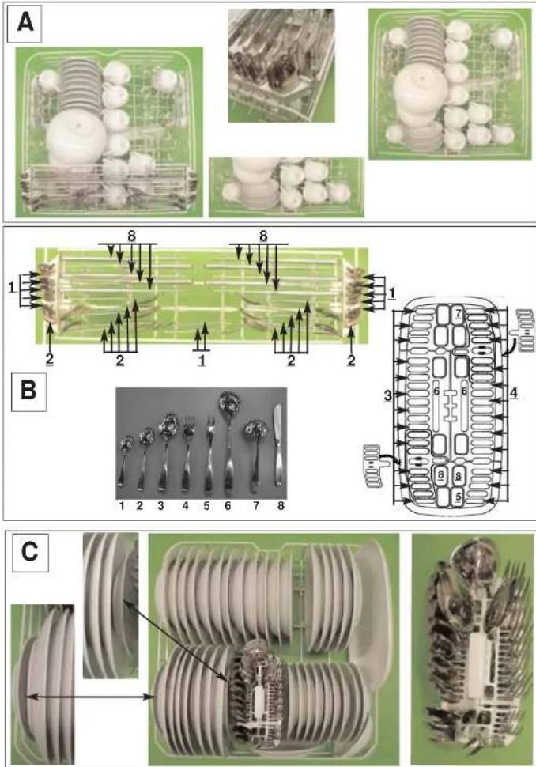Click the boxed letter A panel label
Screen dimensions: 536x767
[x=25, y=23]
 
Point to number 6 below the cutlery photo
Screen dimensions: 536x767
[x=228, y=505]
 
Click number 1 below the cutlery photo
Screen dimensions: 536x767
[x=122, y=505]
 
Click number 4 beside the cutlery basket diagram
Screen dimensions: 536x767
[x=514, y=393]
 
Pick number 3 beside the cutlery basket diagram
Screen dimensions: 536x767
[x=387, y=395]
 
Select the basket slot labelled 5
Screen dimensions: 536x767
[x=458, y=496]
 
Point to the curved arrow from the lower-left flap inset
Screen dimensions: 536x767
[x=392, y=458]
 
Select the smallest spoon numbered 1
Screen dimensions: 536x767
[x=125, y=460]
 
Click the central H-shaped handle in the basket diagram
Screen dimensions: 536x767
[x=450, y=406]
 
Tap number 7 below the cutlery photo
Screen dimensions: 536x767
[x=256, y=505]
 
